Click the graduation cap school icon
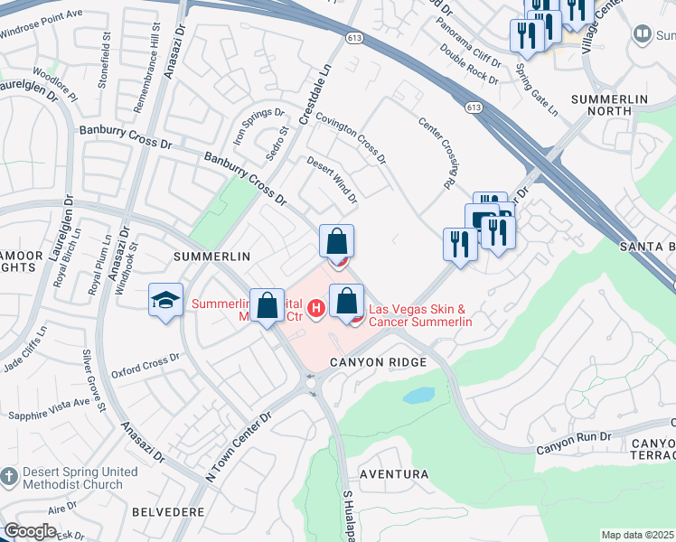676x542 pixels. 165,302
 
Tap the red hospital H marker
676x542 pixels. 315,309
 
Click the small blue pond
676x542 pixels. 418,396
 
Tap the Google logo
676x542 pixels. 31,531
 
